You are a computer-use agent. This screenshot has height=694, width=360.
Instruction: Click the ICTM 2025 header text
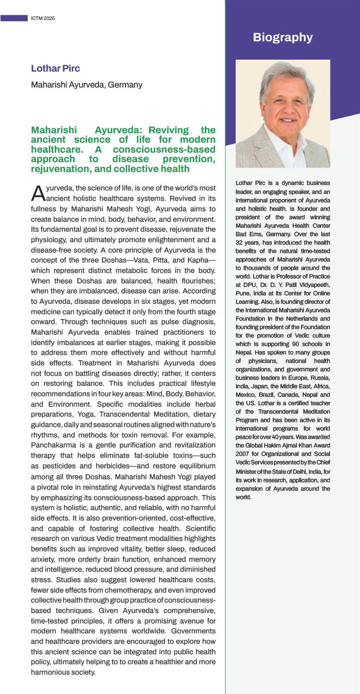point(43,18)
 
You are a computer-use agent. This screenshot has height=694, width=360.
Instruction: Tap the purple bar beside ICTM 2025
point(14,18)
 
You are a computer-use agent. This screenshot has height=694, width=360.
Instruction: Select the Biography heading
point(282,37)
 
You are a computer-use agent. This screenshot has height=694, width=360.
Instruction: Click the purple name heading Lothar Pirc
point(55,69)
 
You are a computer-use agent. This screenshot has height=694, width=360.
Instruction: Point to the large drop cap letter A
point(38,193)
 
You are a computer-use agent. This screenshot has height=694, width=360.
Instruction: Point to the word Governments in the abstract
point(194,630)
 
